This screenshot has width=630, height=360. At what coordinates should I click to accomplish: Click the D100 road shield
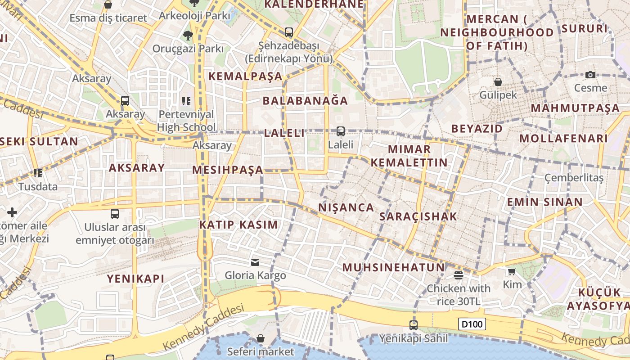(472, 324)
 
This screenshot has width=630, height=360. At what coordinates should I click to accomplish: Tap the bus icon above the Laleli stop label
(341, 131)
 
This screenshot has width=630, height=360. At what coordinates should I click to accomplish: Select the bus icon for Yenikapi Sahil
(414, 325)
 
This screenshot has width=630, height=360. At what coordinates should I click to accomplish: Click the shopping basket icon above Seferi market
(260, 338)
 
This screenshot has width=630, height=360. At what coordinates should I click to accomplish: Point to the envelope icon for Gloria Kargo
(255, 262)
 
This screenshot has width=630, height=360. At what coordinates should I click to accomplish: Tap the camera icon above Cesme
(590, 75)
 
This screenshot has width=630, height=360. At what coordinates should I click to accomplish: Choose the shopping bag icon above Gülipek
(498, 82)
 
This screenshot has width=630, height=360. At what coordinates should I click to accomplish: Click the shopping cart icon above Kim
(512, 271)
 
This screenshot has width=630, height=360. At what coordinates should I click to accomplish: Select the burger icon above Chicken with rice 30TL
(459, 275)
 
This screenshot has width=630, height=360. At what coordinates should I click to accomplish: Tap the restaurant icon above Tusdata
(38, 173)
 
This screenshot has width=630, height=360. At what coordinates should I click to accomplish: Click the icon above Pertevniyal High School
(186, 101)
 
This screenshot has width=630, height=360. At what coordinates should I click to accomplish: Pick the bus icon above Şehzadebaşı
(288, 32)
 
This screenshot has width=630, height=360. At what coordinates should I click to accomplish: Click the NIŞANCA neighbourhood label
(346, 207)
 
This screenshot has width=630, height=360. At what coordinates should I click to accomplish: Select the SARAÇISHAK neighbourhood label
(418, 216)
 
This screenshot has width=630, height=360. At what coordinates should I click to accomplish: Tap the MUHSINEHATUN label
(393, 267)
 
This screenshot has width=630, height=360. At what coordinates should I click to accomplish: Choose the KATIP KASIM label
(238, 225)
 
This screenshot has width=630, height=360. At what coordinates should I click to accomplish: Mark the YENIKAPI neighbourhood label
(135, 279)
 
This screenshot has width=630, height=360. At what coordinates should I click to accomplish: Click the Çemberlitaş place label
(574, 178)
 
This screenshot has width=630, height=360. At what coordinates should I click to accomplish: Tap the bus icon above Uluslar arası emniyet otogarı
(115, 214)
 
